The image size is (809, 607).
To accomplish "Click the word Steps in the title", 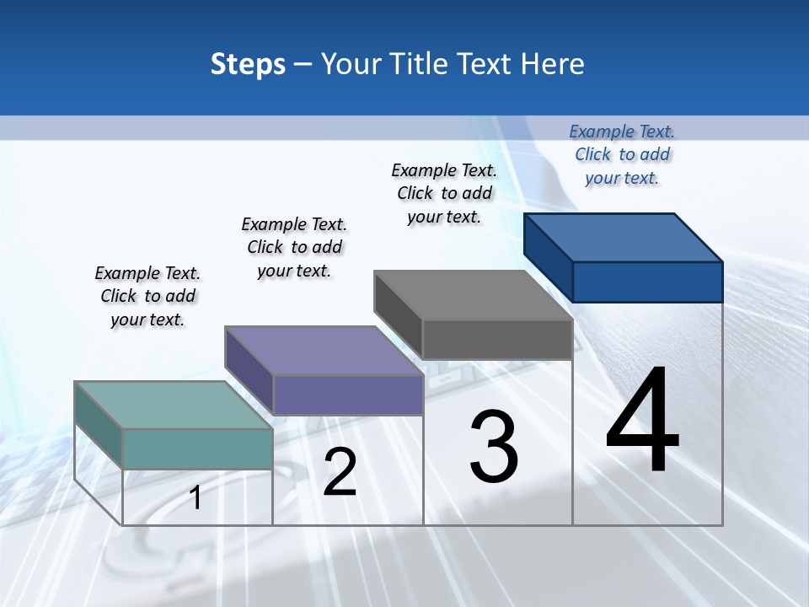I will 248,64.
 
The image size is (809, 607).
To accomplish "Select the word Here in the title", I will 553,64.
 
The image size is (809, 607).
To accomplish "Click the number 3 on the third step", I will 494,447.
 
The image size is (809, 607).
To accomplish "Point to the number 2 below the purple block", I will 340,472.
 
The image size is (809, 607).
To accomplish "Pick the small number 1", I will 196,497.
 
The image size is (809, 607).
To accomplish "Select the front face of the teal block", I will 197,449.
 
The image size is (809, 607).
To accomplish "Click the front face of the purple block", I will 347,395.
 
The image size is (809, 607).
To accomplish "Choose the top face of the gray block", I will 473,295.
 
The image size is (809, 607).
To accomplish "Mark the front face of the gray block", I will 497,339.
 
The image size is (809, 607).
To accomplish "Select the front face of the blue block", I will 647,282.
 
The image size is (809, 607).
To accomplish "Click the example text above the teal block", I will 147,296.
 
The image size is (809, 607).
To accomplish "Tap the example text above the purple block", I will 294,247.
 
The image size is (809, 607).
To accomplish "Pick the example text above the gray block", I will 444,193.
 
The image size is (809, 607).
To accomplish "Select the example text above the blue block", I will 622,154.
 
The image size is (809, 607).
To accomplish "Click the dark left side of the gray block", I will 398,308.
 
